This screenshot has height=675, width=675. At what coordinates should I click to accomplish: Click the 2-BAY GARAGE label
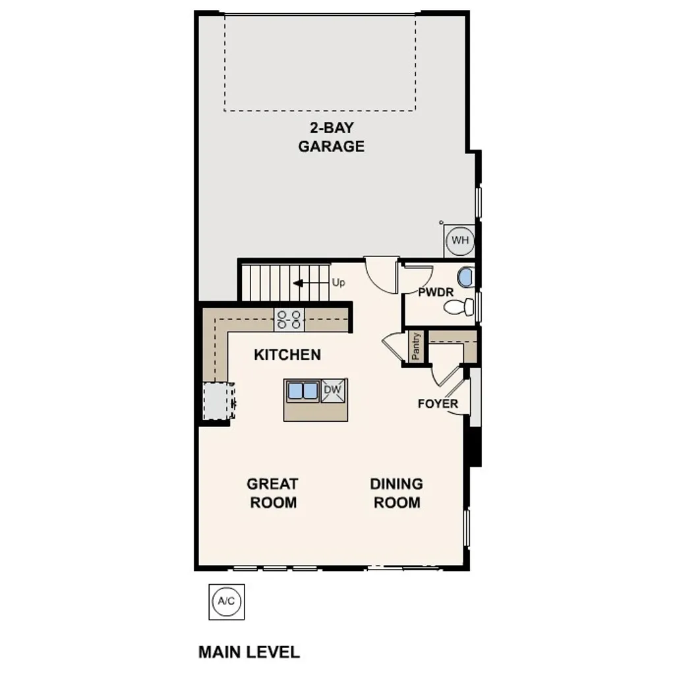pyautogui.click(x=331, y=137)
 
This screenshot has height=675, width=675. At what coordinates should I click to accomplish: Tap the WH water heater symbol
pyautogui.click(x=459, y=241)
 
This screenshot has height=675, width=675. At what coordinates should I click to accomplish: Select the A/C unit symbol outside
pyautogui.click(x=226, y=601)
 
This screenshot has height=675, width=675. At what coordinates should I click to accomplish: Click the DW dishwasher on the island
pyautogui.click(x=334, y=391)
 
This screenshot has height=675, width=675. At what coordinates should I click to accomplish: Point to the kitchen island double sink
pyautogui.click(x=303, y=391)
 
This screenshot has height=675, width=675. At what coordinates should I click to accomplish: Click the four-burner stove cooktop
pyautogui.click(x=289, y=320)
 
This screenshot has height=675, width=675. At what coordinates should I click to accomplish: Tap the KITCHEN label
pyautogui.click(x=287, y=355)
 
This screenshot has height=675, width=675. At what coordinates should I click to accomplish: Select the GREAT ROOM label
pyautogui.click(x=272, y=493)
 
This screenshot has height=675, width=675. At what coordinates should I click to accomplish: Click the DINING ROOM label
pyautogui.click(x=396, y=493)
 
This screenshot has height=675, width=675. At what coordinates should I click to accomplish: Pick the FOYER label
pyautogui.click(x=437, y=403)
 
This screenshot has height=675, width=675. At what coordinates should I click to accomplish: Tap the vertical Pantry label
pyautogui.click(x=416, y=346)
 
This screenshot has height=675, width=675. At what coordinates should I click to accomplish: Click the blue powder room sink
pyautogui.click(x=465, y=277)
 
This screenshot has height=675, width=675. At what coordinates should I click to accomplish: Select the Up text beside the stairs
pyautogui.click(x=339, y=283)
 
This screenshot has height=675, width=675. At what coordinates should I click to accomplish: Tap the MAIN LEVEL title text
pyautogui.click(x=249, y=652)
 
